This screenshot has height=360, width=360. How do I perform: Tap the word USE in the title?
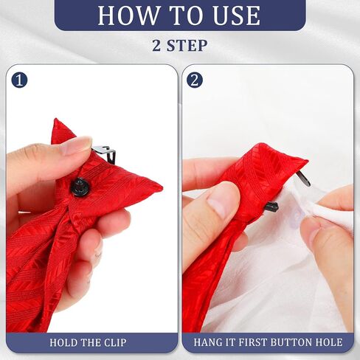(x=236, y=15)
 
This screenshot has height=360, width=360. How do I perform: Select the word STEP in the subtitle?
(x=187, y=45)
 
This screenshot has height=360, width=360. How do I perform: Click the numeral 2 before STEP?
(x=157, y=46)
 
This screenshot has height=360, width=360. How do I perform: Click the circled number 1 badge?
(x=19, y=80)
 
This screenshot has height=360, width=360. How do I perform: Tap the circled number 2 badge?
(x=195, y=80)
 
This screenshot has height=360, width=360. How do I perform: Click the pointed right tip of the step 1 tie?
(x=162, y=189)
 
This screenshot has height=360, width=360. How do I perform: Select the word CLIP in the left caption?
(x=115, y=342)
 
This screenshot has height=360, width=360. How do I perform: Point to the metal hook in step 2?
(x=304, y=179)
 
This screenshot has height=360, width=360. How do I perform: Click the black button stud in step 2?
(x=271, y=207)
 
